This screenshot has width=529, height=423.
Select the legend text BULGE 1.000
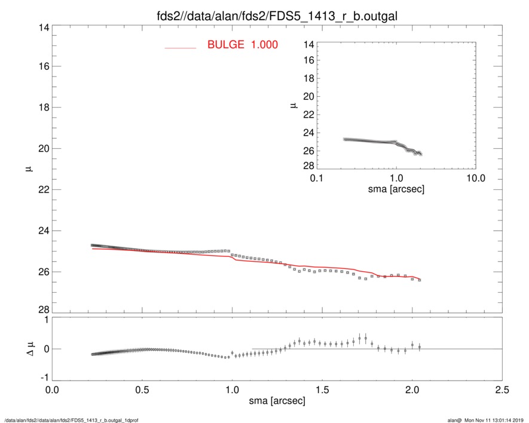click(242, 45)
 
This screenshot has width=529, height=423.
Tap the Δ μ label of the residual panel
click(25, 348)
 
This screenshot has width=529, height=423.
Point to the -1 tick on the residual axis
click(44, 378)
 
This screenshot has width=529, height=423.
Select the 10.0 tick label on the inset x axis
click(475, 178)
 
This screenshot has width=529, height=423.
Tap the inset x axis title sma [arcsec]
click(396, 189)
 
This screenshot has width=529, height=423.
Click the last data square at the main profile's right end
click(420, 280)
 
